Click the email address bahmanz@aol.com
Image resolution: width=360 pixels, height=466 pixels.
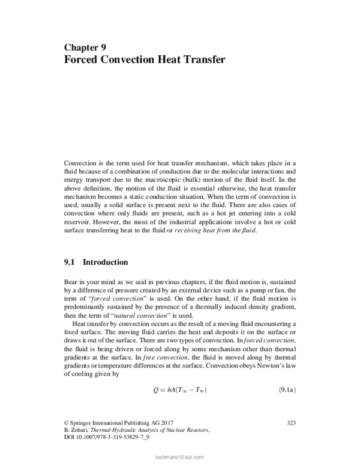click(179, 457)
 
